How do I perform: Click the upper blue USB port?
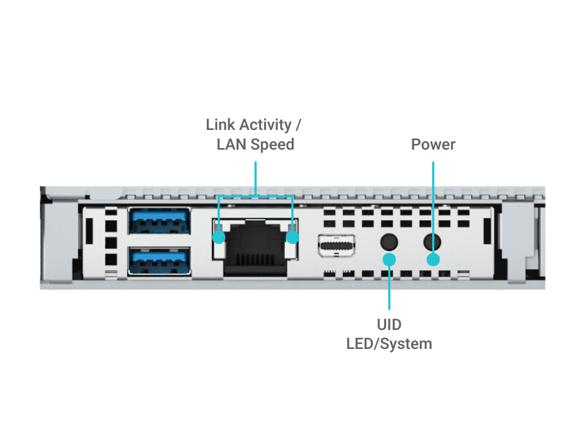tap(159, 222)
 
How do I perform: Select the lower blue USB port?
tap(159, 260)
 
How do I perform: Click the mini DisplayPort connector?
tap(337, 247)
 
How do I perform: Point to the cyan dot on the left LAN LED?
tap(219, 237)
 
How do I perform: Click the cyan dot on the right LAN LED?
tap(292, 237)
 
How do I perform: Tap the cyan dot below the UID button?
tap(389, 259)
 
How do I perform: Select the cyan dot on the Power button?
tap(433, 259)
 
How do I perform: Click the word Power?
tap(433, 145)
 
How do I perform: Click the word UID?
tap(389, 325)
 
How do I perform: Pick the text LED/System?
tap(389, 343)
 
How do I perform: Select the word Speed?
tap(272, 145)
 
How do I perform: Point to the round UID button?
tap(389, 241)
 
